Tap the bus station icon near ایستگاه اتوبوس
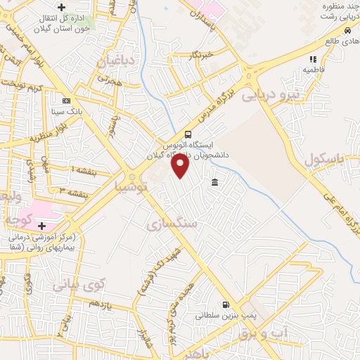click(188, 134)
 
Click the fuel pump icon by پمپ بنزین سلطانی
click(225, 304)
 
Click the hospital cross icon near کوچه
click(41, 226)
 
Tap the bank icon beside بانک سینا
click(66, 100)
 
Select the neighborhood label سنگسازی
click(172, 224)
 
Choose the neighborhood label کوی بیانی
click(78, 285)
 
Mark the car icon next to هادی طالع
click(347, 32)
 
